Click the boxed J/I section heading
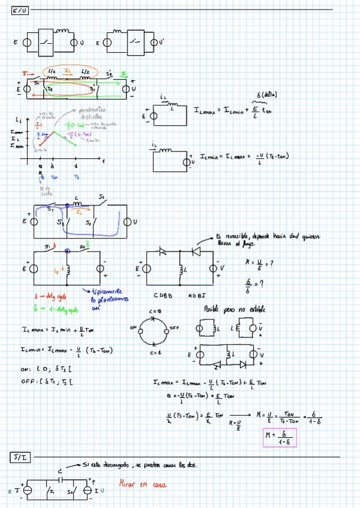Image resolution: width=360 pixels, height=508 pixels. [x=19, y=458]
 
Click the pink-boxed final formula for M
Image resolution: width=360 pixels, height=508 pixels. [x=280, y=438]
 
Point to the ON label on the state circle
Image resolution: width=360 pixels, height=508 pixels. [x=133, y=328]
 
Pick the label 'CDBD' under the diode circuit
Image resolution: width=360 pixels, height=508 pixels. [x=164, y=295]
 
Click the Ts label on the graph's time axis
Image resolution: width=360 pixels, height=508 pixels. [x=76, y=177]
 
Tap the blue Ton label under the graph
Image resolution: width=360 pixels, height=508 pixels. [x=54, y=177]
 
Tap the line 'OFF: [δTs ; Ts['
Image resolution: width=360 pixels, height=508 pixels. [x=46, y=381]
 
